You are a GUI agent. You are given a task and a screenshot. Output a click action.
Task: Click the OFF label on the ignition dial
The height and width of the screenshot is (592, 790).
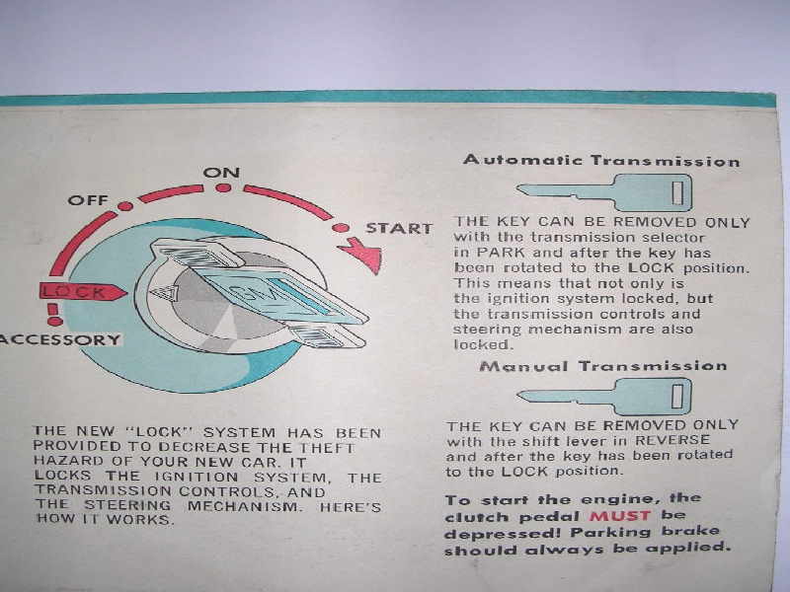click(x=88, y=200)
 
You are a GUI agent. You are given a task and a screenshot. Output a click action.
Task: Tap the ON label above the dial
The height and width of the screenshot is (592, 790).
click(x=221, y=173)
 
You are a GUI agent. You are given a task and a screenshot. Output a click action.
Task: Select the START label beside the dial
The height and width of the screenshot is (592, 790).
click(x=399, y=229)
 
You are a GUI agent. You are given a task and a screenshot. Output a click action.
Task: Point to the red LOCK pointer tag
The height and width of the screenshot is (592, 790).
click(x=83, y=291)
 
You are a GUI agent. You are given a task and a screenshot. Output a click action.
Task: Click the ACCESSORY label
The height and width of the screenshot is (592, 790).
click(x=60, y=339)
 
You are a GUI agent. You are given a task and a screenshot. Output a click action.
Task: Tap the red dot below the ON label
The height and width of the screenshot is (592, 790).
click(x=223, y=187)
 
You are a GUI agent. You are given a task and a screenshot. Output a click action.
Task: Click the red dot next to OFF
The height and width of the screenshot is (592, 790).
click(x=125, y=206)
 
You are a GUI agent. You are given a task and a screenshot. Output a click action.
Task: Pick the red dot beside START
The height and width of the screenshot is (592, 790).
click(x=341, y=228)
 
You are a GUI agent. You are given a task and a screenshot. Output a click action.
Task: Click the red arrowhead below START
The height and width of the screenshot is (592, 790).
click(x=363, y=255)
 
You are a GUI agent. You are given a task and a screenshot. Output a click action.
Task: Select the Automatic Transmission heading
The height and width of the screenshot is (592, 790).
click(x=601, y=161)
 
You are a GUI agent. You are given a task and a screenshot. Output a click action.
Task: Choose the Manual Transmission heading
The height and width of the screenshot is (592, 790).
click(x=603, y=365)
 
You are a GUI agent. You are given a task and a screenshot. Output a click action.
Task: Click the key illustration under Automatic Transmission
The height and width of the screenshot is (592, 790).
click(x=604, y=192)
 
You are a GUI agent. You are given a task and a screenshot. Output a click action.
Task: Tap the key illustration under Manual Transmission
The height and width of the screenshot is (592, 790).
click(x=604, y=397)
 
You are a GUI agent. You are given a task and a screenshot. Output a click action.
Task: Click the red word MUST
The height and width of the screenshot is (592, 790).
click(x=620, y=516)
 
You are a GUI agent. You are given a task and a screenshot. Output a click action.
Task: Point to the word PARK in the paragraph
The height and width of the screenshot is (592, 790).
click(x=501, y=253)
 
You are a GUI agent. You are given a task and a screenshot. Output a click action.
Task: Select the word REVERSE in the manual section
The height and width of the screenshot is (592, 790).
click(x=672, y=440)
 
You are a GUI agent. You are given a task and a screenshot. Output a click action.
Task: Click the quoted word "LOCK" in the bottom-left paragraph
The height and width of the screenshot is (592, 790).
click(x=160, y=432)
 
